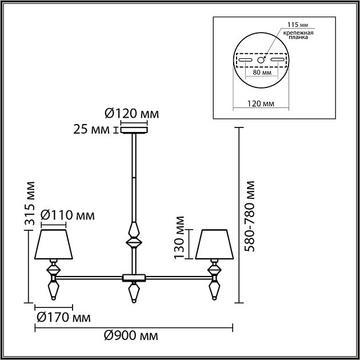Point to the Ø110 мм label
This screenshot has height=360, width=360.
tap(65, 216)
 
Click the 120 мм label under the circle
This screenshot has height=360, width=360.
tap(261, 104)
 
